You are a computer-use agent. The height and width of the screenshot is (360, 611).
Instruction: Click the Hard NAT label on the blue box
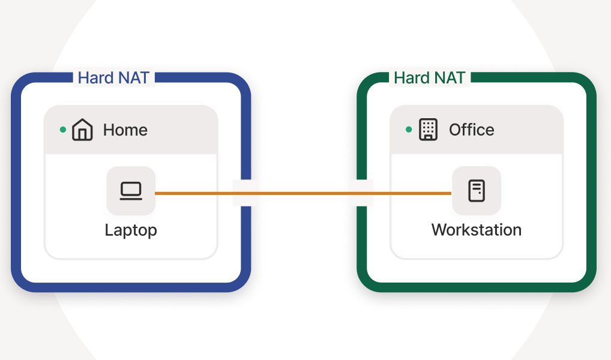113,78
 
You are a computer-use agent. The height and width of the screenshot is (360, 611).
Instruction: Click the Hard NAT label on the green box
429,78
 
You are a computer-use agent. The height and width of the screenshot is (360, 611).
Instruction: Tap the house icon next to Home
82,130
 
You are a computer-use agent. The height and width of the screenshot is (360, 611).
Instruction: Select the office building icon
428,130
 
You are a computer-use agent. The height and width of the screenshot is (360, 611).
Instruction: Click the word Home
125,130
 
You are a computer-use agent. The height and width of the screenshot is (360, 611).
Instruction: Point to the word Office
471,130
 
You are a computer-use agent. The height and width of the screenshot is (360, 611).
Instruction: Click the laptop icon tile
131,191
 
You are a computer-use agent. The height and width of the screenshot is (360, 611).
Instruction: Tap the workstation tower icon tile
477,191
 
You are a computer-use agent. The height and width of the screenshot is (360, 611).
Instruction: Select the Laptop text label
131,230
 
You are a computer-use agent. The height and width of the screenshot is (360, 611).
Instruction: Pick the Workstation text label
477,230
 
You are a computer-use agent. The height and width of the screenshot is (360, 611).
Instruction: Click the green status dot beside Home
63,130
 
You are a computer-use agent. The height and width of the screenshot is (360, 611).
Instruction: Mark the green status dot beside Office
409,130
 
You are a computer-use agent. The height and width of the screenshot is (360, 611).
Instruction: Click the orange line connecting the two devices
303,193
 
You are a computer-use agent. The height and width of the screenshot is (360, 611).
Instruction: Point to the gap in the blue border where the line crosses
245,193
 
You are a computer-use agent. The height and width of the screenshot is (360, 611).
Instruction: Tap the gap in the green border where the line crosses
361,193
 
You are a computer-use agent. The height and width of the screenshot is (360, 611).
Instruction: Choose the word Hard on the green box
411,78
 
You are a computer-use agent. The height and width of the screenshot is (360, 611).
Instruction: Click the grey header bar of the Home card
180,130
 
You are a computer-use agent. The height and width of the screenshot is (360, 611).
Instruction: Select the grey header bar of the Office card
528,130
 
